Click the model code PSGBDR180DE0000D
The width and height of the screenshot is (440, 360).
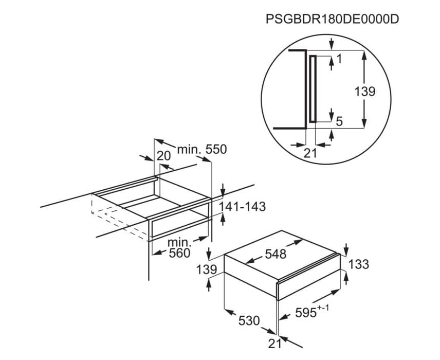pyautogui.click(x=332, y=20)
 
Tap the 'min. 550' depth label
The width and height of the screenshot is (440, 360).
pyautogui.click(x=202, y=150)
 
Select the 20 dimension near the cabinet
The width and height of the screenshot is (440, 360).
pyautogui.click(x=163, y=156)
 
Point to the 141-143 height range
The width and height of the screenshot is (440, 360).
pyautogui.click(x=242, y=207)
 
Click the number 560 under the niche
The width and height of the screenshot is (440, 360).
pyautogui.click(x=179, y=253)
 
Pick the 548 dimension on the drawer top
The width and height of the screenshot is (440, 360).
pyautogui.click(x=276, y=254)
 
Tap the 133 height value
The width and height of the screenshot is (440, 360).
pyautogui.click(x=358, y=264)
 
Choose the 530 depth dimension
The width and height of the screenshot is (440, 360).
pyautogui.click(x=249, y=320)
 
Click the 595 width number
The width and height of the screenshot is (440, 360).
pyautogui.click(x=306, y=313)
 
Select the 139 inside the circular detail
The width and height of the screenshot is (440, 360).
pyautogui.click(x=365, y=92)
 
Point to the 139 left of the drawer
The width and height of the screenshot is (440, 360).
pyautogui.click(x=207, y=270)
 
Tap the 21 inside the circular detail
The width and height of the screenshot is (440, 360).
pyautogui.click(x=310, y=153)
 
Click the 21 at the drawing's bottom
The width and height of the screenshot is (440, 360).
pyautogui.click(x=274, y=344)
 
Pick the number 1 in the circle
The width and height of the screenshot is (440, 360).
pyautogui.click(x=339, y=59)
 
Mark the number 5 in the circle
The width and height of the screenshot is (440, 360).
pyautogui.click(x=339, y=121)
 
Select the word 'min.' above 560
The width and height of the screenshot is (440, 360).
pyautogui.click(x=179, y=242)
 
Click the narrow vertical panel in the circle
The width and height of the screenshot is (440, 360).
pyautogui.click(x=313, y=89)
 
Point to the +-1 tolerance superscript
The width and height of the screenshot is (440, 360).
pyautogui.click(x=323, y=309)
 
